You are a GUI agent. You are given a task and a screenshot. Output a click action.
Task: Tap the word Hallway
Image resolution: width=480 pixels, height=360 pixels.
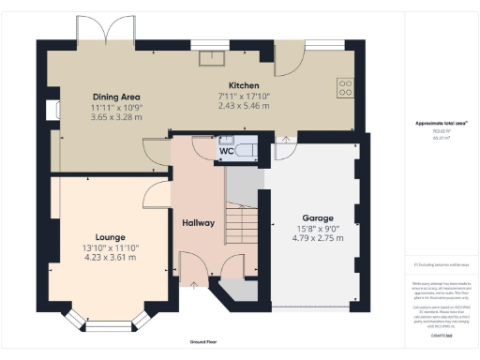[199, 223]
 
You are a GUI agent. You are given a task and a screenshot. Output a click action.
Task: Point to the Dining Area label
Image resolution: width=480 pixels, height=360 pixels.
[116, 97]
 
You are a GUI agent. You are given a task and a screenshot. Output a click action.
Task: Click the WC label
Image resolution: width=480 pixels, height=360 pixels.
[226, 151]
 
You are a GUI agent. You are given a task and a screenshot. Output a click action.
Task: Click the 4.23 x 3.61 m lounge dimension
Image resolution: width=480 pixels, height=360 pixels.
[110, 258]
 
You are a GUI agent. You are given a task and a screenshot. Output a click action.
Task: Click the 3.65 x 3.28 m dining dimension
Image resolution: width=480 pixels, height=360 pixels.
[116, 117]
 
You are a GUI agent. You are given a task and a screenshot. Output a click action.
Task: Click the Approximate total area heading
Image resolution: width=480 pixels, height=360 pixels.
[436, 123]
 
